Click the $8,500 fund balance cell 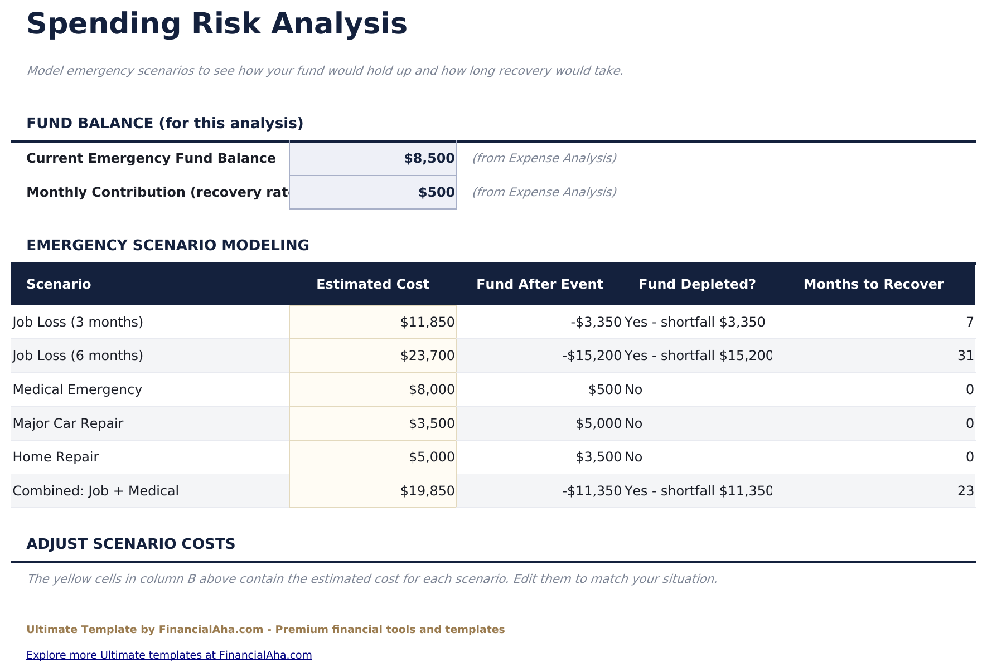point(372,158)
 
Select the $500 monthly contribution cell point(372,192)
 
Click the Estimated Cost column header point(372,284)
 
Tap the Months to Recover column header point(873,284)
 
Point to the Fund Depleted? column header point(697,284)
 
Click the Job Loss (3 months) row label point(78,322)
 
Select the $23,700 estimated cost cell point(372,356)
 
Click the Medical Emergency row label point(78,389)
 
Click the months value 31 point(965,356)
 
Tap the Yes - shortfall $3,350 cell point(695,322)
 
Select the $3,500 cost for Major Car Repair point(372,423)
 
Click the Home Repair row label point(56,457)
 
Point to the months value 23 point(965,491)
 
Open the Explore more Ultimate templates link point(169,655)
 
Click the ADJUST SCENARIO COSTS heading point(131,544)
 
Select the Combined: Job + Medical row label point(96,491)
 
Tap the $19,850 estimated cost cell point(372,491)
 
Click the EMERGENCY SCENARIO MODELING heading point(168,245)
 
